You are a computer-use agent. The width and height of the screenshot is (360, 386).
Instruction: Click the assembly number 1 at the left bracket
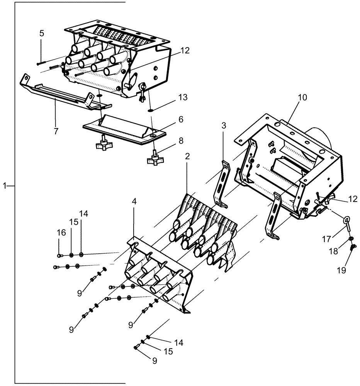pyautogui.click(x=5, y=186)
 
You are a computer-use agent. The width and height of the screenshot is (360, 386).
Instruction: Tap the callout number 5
pyautogui.click(x=41, y=33)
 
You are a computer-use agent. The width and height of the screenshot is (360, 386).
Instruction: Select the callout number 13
pyautogui.click(x=183, y=97)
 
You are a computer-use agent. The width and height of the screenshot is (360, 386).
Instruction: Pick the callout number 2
pyautogui.click(x=187, y=156)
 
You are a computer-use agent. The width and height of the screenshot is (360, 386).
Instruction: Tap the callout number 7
pyautogui.click(x=56, y=131)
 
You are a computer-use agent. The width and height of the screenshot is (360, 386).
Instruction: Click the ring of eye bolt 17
pyautogui.click(x=347, y=220)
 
